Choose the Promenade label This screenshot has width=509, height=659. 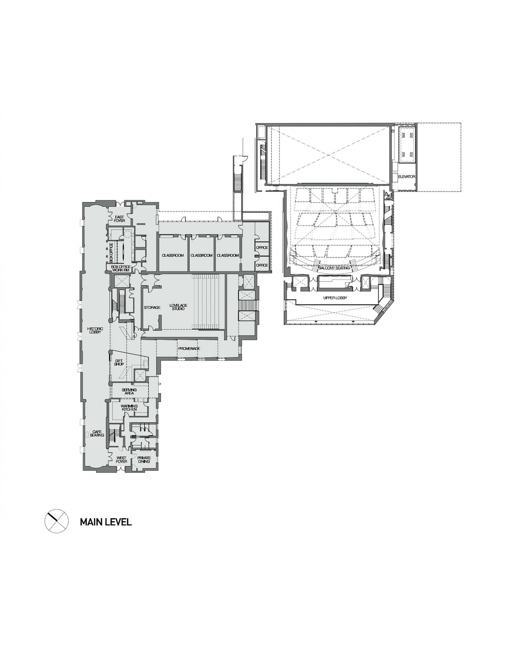[189, 349]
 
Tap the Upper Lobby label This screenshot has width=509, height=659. [335, 298]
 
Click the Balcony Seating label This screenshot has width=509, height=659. [334, 268]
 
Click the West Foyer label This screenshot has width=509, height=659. [121, 459]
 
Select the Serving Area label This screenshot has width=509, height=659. [127, 391]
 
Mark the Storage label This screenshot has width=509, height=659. [152, 307]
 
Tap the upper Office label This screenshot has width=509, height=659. [262, 247]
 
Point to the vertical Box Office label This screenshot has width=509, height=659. [111, 252]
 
